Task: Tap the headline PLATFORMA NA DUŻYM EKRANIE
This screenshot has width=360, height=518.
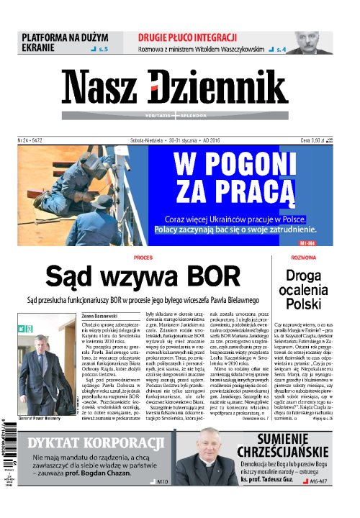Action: click(x=64, y=42)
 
